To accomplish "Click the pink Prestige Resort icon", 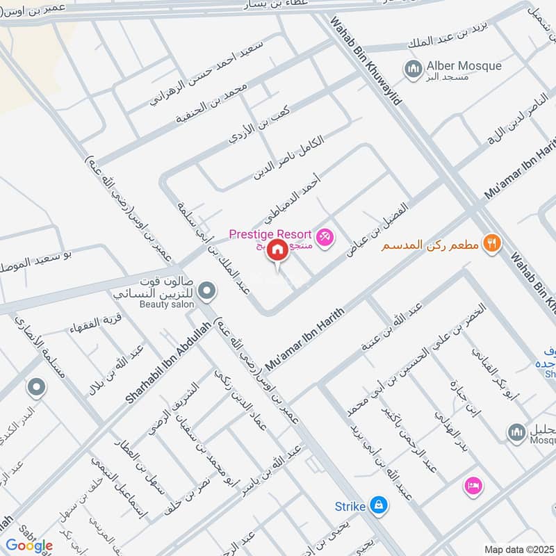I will point(325,238).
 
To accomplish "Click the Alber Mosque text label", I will point(464,66).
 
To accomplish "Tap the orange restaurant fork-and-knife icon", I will point(491,243).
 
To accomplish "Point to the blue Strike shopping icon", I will point(378,504).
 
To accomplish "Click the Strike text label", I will point(350,507).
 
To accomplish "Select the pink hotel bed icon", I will point(474,484).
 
